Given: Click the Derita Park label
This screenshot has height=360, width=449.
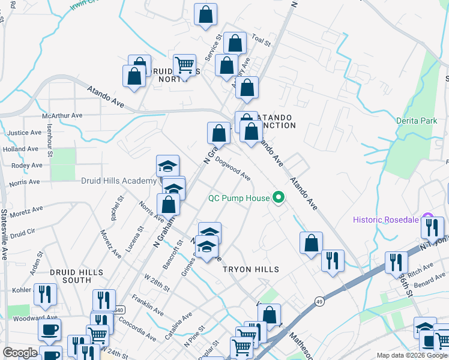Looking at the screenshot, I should (x=417, y=121).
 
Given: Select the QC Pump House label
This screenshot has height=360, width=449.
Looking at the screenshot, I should (x=238, y=197).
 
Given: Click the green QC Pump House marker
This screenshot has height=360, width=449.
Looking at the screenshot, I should (x=279, y=197).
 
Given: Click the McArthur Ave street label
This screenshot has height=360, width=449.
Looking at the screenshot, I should (x=62, y=115).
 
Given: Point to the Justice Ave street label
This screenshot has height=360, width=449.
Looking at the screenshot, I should (x=25, y=133).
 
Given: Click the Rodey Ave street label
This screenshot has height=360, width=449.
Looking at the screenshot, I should (x=26, y=165).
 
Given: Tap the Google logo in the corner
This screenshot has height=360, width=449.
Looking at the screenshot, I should (x=20, y=353).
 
